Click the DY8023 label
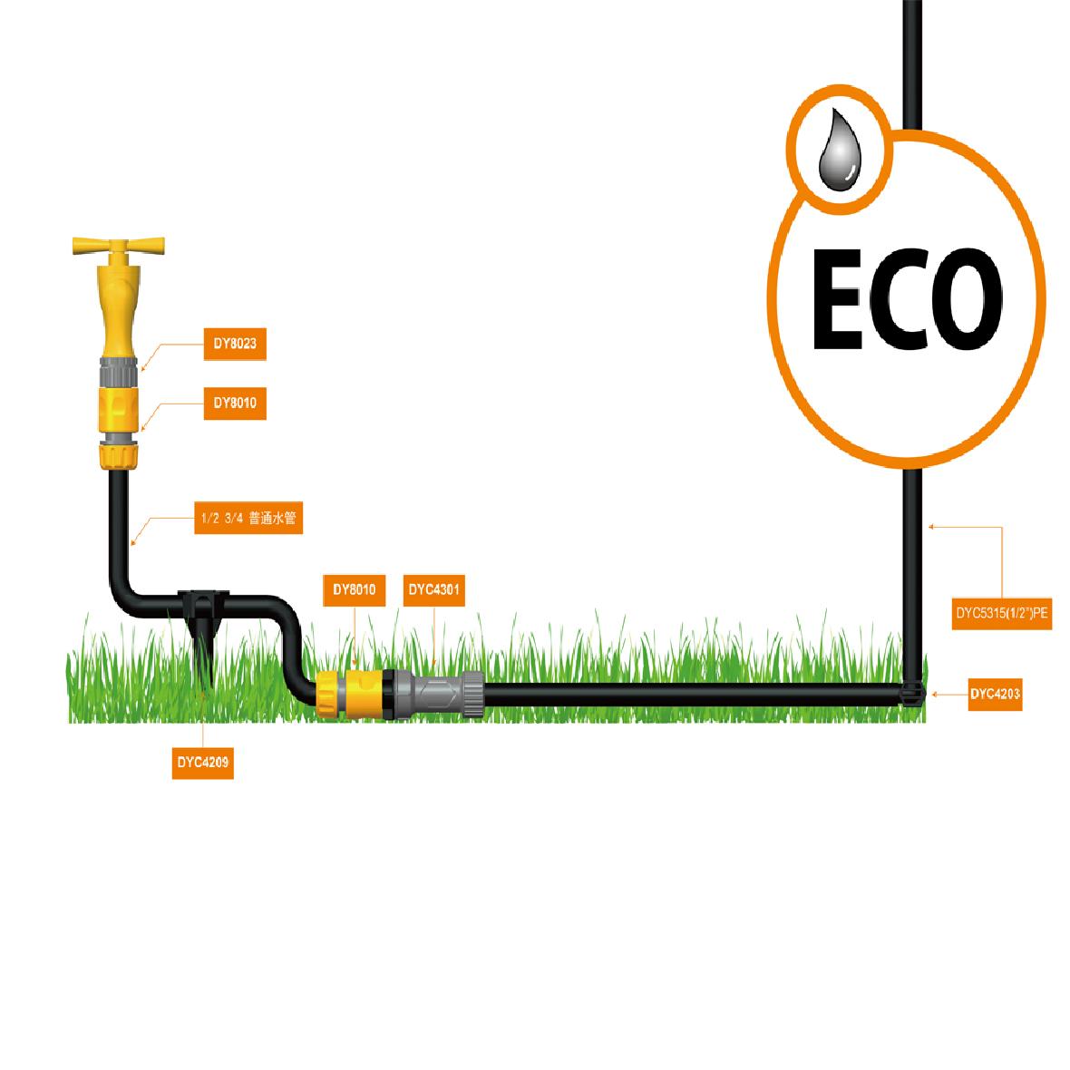tap(235, 344)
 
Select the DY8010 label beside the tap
tap(235, 403)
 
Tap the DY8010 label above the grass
tap(354, 590)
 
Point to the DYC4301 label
tap(434, 590)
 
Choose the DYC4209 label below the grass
tap(203, 763)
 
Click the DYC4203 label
tap(995, 695)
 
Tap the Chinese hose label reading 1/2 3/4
tap(248, 520)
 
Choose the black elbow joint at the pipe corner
tap(912, 695)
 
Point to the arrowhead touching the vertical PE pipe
tap(929, 525)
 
